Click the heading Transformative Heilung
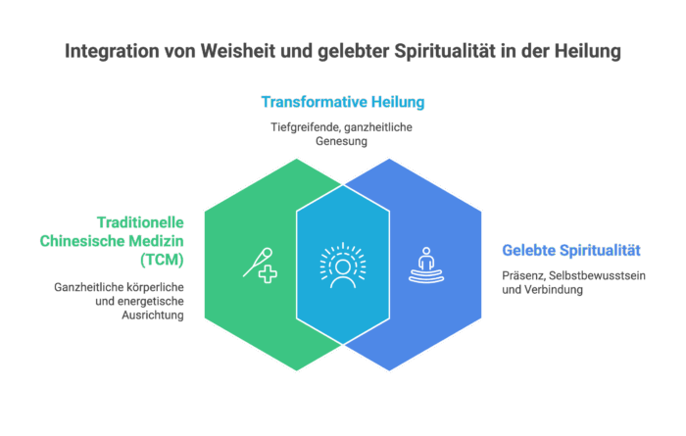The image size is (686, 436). (343, 102)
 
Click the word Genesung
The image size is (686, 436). (342, 141)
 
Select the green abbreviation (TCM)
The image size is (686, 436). (161, 259)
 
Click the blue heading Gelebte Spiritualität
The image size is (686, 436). (571, 250)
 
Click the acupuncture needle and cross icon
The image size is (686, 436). (259, 265)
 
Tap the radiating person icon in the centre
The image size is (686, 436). (342, 265)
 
